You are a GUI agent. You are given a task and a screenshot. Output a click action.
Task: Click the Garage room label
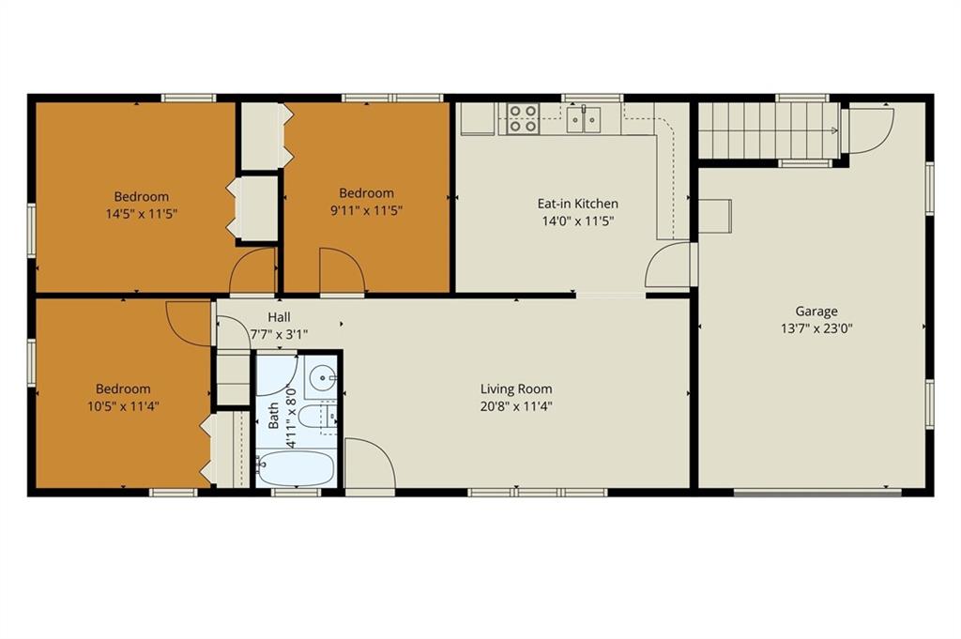[816, 312]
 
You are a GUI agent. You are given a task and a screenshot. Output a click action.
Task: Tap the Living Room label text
[516, 389]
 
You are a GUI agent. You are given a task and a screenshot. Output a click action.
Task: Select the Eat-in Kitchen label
[577, 204]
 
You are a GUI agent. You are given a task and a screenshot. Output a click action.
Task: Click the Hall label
[279, 317]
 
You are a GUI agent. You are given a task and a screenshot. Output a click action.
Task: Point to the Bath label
[273, 415]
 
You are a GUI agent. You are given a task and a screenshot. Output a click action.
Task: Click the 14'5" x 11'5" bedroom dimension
[142, 214]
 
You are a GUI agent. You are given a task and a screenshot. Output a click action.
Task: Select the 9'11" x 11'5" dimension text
[367, 211]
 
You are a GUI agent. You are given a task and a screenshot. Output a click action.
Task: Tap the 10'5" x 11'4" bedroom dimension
[123, 405]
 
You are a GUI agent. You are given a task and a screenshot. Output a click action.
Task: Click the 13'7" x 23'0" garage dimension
[816, 328]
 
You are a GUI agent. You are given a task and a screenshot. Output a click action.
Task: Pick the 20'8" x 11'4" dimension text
[516, 405]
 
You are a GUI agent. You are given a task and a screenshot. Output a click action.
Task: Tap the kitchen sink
[584, 119]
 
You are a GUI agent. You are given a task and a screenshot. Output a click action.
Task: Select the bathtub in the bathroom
[295, 468]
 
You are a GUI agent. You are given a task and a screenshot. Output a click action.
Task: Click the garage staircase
[770, 129]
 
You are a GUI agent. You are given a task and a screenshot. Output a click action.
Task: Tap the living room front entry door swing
[370, 464]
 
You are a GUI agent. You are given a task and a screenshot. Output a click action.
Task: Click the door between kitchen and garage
[668, 264]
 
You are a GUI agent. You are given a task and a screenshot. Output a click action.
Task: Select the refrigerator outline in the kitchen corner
[478, 118]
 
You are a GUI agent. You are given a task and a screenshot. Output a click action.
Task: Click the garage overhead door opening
[817, 492]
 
